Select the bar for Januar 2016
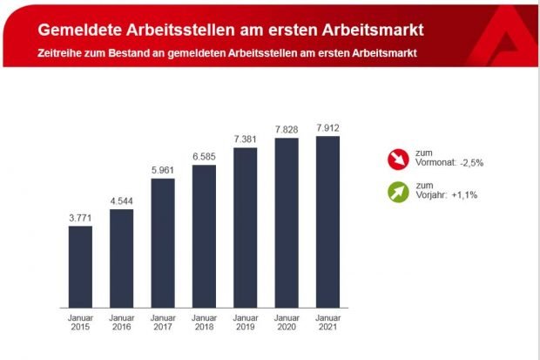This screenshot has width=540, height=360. [x=121, y=259]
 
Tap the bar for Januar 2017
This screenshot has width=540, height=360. [x=162, y=243]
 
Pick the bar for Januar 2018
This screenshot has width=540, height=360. [x=204, y=236]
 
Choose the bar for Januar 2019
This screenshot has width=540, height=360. [x=245, y=228]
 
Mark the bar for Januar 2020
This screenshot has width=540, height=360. [x=287, y=223]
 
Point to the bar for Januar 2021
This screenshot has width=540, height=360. [x=327, y=222]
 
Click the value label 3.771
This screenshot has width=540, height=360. [x=80, y=217]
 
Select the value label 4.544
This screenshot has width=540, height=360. [x=121, y=200]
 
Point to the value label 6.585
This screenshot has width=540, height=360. [x=204, y=156]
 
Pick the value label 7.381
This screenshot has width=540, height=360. [x=245, y=139]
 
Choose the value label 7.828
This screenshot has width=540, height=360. [x=287, y=130]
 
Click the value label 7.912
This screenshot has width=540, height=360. [x=327, y=128]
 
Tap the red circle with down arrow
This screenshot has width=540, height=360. [x=397, y=160]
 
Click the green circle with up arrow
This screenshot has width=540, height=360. [x=397, y=190]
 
